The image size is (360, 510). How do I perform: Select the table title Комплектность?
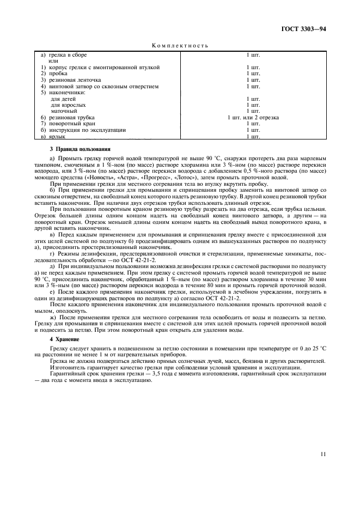(180, 46)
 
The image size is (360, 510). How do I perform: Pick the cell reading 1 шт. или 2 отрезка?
(253, 117)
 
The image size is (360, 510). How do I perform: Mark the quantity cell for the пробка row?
(253, 73)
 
